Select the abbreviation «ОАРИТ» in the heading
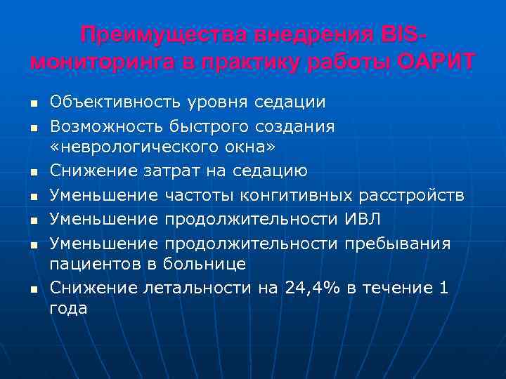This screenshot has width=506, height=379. point(436,61)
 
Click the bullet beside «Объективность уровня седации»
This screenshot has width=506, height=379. point(33,104)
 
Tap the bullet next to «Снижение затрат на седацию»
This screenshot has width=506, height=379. point(33,172)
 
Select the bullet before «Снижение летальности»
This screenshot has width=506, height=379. point(33,288)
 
